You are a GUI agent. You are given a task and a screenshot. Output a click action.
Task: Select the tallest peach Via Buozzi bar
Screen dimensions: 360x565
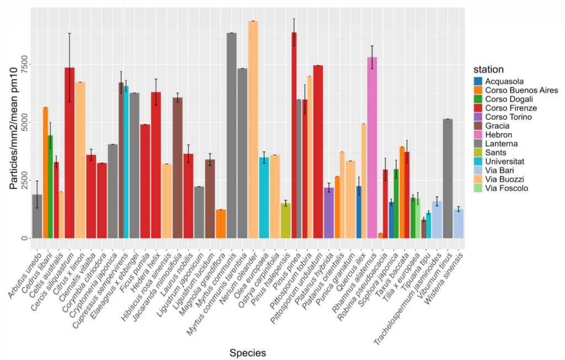point(253,130)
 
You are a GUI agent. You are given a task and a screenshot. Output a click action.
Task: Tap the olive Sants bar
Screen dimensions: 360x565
point(285,221)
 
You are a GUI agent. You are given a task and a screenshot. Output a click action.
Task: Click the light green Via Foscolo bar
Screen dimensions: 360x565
point(418,218)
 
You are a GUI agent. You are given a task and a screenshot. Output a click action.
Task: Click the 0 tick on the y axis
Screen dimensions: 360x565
point(24,238)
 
